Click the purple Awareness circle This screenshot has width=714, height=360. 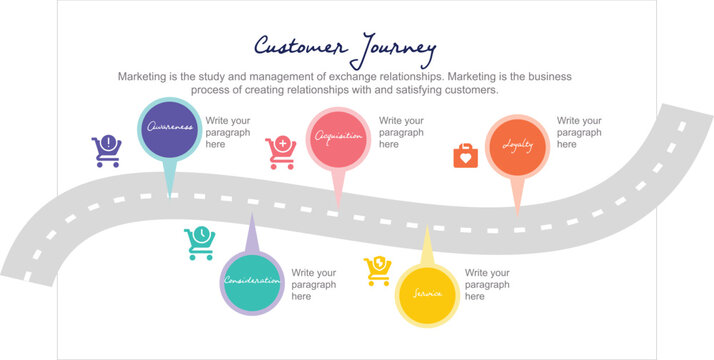(x=169, y=128)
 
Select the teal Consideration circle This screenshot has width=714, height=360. (x=252, y=281)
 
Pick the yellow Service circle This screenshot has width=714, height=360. (x=428, y=293)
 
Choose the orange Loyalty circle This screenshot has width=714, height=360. (x=517, y=145)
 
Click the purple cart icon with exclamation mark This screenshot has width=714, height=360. (x=106, y=150)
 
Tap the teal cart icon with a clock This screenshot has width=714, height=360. (x=199, y=243)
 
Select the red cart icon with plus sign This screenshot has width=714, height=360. (x=281, y=152)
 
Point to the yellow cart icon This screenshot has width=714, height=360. (x=378, y=270)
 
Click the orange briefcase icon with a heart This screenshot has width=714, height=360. (x=465, y=155)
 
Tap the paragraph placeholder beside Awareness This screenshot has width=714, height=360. (x=228, y=132)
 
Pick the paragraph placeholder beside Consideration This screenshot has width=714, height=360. (x=314, y=284)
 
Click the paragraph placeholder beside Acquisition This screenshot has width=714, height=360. (x=401, y=132)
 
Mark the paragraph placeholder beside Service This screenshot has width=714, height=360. (x=487, y=284)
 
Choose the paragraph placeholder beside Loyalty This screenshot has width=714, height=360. (x=579, y=132)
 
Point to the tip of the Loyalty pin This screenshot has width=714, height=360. (x=517, y=213)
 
